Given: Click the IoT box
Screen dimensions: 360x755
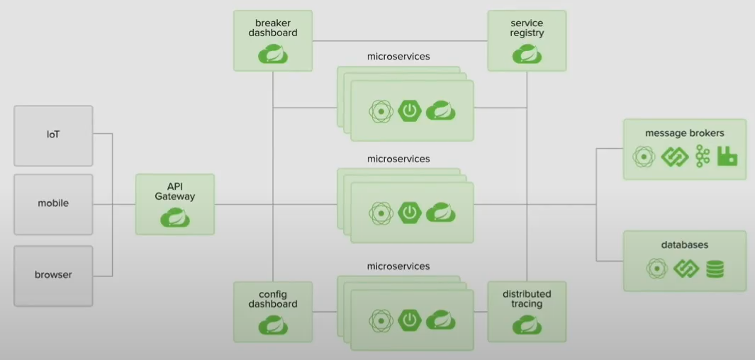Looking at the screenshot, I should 53,134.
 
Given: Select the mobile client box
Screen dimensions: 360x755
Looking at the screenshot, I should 53,203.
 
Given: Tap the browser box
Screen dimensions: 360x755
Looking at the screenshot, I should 53,274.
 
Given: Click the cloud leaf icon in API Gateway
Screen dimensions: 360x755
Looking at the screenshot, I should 175,218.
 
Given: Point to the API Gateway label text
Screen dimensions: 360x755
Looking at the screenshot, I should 175,191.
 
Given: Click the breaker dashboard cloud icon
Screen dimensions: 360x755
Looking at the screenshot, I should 273,54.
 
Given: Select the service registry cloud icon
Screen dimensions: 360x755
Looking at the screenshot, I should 527,54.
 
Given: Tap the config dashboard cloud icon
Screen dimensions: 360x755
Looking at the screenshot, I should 273,325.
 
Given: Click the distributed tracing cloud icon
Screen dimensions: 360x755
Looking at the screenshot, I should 527,325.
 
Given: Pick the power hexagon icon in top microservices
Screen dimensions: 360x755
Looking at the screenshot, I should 410,111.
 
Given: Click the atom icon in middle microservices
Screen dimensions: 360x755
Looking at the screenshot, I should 381,212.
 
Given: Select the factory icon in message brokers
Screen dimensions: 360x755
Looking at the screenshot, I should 727,156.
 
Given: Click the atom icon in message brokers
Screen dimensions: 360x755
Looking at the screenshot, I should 643,156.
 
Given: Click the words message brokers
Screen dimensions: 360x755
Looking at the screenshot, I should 684,133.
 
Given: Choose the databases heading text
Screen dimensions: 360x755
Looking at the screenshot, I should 684,245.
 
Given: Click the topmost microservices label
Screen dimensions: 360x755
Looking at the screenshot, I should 398,56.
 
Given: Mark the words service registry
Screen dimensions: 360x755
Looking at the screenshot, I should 527,28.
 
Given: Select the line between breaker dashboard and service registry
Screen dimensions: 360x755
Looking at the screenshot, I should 401,40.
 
